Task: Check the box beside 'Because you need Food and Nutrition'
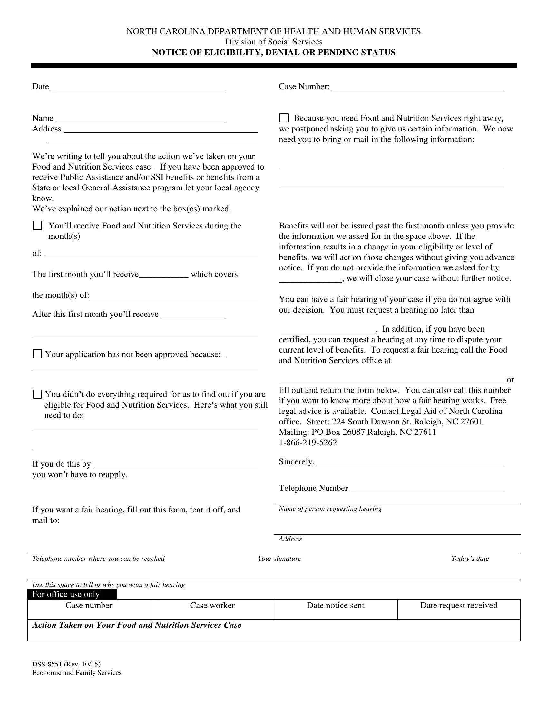[x=284, y=118]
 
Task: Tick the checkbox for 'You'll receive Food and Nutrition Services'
[x=38, y=225]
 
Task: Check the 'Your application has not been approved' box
[x=38, y=354]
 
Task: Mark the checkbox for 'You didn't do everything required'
[x=38, y=394]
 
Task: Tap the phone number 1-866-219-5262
[x=308, y=442]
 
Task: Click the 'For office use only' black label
[x=72, y=594]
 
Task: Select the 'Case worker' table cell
[x=212, y=609]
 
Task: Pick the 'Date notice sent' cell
[x=335, y=609]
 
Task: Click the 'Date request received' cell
[x=459, y=609]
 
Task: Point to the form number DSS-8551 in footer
[x=66, y=664]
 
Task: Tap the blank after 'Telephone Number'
[x=427, y=489]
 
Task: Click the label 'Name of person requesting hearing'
[x=330, y=509]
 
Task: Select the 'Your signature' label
[x=279, y=558]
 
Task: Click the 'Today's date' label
[x=470, y=558]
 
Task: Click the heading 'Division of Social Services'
[x=274, y=42]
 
